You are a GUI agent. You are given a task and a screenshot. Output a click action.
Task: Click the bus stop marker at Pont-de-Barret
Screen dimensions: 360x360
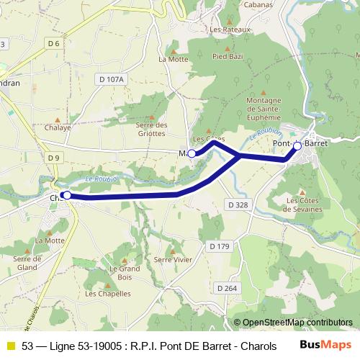click(x=297, y=145)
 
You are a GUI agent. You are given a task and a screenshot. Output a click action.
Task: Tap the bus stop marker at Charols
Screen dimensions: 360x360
click(x=66, y=194)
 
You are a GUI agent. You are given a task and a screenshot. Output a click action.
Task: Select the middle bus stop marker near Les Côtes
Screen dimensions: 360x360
click(x=192, y=153)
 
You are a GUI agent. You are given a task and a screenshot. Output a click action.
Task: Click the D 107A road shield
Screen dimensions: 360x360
click(x=112, y=79)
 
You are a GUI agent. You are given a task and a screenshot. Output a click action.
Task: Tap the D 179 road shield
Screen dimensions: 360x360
click(x=219, y=247)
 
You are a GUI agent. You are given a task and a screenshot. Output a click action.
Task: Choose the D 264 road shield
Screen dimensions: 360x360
click(x=226, y=288)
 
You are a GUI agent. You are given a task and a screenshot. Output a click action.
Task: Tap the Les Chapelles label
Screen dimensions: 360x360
click(x=108, y=293)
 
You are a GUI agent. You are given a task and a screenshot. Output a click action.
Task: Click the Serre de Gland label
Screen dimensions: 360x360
click(x=27, y=263)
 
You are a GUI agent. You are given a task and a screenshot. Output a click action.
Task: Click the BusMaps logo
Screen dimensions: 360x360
click(x=330, y=345)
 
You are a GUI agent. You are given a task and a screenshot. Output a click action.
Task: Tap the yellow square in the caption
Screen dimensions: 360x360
click(x=10, y=346)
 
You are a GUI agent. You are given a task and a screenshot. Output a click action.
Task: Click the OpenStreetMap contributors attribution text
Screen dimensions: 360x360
click(x=297, y=323)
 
